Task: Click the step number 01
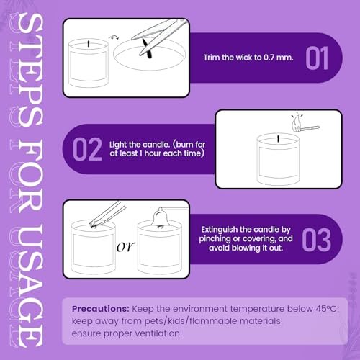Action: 317,58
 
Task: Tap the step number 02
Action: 87,149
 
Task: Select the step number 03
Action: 317,240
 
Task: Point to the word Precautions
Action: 101,309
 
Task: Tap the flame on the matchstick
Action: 296,123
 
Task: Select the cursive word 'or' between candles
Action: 125,247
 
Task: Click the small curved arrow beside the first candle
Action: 114,37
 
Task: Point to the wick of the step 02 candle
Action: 279,139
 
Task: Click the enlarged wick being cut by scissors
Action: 147,49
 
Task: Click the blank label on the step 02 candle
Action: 278,163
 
